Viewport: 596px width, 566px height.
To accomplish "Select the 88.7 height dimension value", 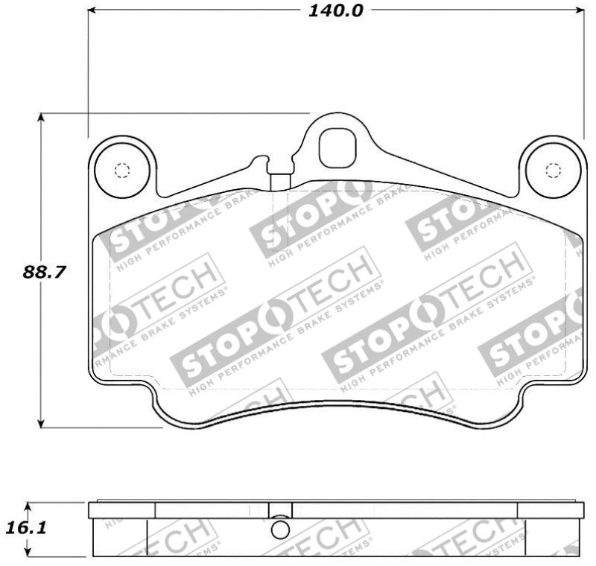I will click(41, 273).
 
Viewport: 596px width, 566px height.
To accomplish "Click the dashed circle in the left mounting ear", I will click(122, 170).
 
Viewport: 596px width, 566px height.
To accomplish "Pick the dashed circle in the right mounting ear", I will click(552, 170).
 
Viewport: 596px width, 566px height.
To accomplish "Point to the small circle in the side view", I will click(280, 529).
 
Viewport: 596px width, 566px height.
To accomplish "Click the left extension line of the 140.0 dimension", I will click(88, 74).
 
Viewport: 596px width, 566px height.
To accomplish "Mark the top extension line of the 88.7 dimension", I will click(171, 113).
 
